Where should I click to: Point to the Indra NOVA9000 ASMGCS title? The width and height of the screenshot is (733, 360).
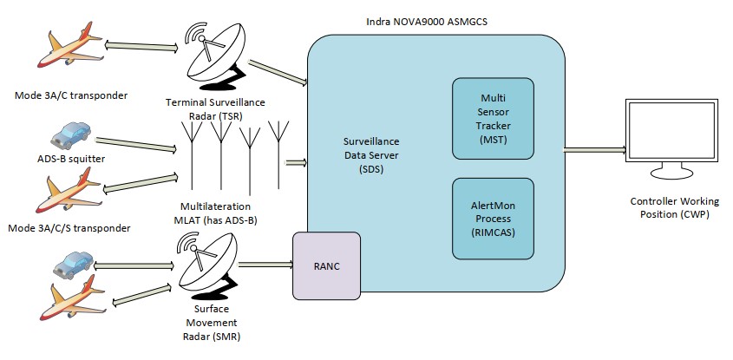coord(421,20)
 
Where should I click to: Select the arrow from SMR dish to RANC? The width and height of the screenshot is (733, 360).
coord(264,265)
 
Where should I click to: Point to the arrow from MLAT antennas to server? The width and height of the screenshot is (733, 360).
coord(295,161)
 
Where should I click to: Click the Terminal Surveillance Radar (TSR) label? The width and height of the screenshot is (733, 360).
coord(215,110)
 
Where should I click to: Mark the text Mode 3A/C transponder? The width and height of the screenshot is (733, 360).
coord(66,95)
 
